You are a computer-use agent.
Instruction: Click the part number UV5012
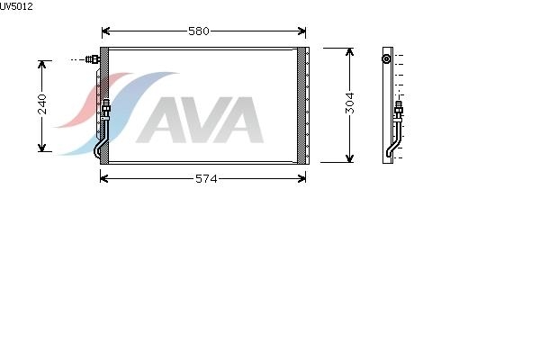click(x=16, y=6)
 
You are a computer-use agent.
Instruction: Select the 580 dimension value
click(x=199, y=31)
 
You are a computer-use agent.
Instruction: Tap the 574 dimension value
click(x=206, y=179)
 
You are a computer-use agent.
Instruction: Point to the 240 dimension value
click(x=42, y=104)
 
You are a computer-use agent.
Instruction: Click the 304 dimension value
click(x=349, y=103)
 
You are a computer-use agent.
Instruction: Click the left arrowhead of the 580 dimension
click(x=105, y=31)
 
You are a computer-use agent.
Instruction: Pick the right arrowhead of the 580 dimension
click(x=301, y=31)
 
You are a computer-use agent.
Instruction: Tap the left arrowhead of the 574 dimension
click(x=104, y=178)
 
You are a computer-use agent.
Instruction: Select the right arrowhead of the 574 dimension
click(x=301, y=178)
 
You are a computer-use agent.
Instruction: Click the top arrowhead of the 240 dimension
click(x=42, y=65)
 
